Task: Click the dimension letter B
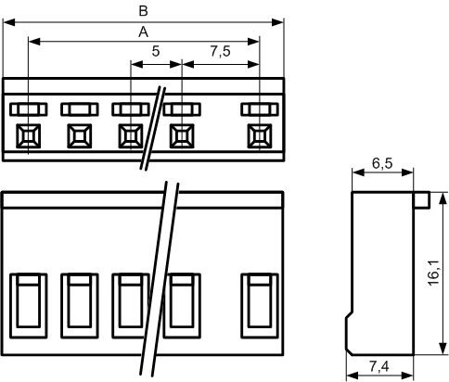tap(143, 11)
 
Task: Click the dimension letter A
tap(143, 32)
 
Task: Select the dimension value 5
tap(156, 51)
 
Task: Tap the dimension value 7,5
tap(221, 51)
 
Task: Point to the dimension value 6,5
tap(382, 163)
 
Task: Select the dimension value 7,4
tap(379, 367)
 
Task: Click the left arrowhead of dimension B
tap(9, 22)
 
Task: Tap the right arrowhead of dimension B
tap(277, 22)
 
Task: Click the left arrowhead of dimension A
tap(34, 42)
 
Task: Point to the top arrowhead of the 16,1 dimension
tap(443, 198)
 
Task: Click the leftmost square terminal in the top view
tap(28, 136)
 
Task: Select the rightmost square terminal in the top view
tap(260, 136)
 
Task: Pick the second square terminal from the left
tap(80, 136)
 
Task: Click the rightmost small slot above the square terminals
tap(260, 109)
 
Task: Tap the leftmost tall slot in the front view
tap(29, 306)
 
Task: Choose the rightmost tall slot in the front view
tap(260, 306)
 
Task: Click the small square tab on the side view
tap(422, 199)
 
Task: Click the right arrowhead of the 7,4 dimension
tap(407, 376)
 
